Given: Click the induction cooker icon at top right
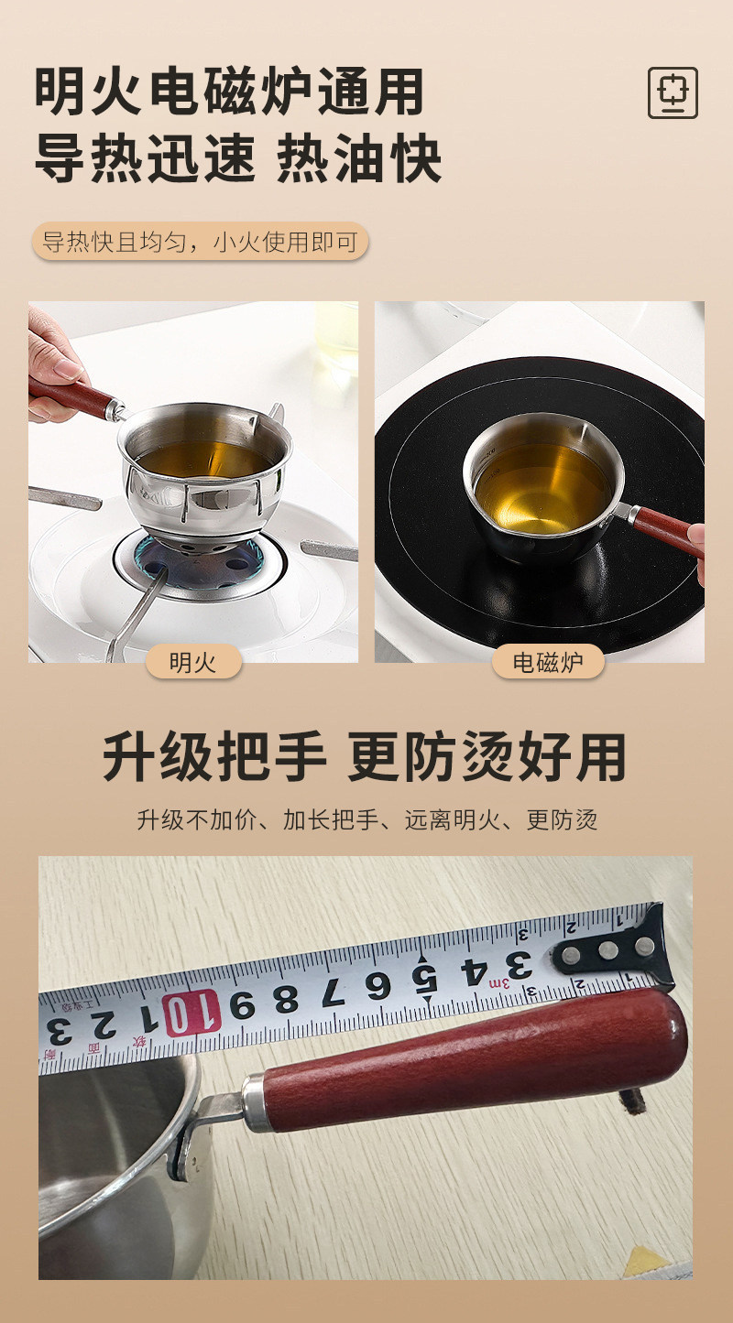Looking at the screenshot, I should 673,92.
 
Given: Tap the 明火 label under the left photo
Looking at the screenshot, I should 193,662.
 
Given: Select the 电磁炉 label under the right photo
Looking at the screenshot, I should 548,662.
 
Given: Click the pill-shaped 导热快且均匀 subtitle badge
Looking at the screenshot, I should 200,242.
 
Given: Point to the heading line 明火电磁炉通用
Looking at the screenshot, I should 230,92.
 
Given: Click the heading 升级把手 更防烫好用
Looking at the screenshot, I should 365,757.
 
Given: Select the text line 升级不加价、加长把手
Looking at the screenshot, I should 366,819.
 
